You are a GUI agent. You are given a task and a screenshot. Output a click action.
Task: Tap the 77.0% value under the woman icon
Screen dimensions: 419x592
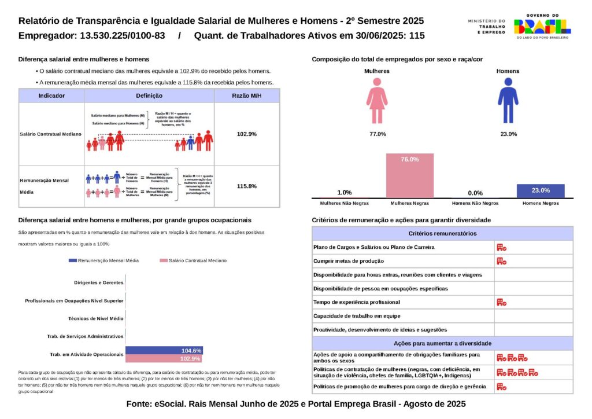(377, 134)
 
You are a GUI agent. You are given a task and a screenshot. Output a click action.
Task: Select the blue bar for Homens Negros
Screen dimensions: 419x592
(540, 191)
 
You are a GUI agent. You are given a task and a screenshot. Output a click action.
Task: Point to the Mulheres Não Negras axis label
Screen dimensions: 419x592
(345, 203)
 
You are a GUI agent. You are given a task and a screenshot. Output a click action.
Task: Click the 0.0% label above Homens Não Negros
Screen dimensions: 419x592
(475, 193)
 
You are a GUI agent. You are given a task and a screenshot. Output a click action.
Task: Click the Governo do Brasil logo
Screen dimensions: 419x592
(542, 26)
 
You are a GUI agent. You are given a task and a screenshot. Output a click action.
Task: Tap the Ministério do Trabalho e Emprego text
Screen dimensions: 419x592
(486, 26)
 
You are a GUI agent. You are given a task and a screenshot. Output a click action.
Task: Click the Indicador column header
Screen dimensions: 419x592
(51, 95)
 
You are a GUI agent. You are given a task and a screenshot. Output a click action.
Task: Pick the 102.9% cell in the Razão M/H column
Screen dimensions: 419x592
(247, 134)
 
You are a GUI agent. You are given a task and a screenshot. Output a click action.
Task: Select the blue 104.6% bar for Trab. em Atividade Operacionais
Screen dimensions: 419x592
(164, 351)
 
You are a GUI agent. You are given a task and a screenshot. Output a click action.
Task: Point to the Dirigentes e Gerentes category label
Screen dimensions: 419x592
(99, 283)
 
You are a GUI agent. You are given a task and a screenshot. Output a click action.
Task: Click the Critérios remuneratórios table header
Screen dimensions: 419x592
(442, 233)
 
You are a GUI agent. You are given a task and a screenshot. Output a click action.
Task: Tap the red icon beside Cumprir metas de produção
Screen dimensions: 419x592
(501, 261)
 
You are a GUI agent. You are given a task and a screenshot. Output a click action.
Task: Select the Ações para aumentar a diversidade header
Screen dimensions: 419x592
(442, 343)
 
